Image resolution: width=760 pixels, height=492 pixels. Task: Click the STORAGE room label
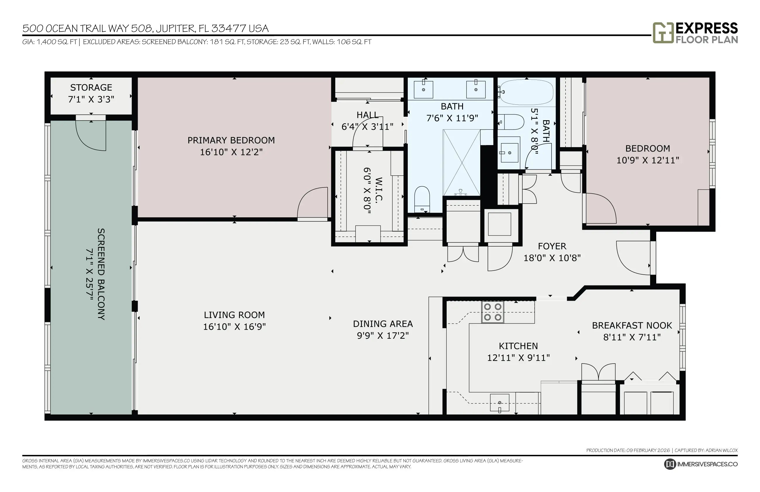[x=91, y=87]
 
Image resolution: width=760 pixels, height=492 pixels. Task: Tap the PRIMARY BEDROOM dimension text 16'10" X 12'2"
[x=231, y=152]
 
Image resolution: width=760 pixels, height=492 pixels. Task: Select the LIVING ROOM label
[x=234, y=315]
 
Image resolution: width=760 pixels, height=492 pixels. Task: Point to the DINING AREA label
[x=383, y=324]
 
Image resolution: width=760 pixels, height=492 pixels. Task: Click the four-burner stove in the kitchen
[x=493, y=312]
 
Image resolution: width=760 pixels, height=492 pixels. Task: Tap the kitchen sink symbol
[x=500, y=403]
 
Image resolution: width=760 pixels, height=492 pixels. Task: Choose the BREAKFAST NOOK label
[x=632, y=326]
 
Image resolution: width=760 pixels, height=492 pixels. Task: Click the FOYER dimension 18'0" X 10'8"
[x=552, y=258]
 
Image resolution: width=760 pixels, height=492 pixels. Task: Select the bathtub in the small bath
[x=526, y=92]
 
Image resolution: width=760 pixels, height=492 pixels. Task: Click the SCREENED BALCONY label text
[x=101, y=274]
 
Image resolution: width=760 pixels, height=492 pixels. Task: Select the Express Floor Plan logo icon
[x=663, y=32]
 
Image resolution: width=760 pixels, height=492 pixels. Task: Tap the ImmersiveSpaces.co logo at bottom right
[x=701, y=464]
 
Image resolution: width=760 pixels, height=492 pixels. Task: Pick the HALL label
[x=367, y=115]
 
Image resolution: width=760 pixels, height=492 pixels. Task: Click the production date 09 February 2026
[x=648, y=450]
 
